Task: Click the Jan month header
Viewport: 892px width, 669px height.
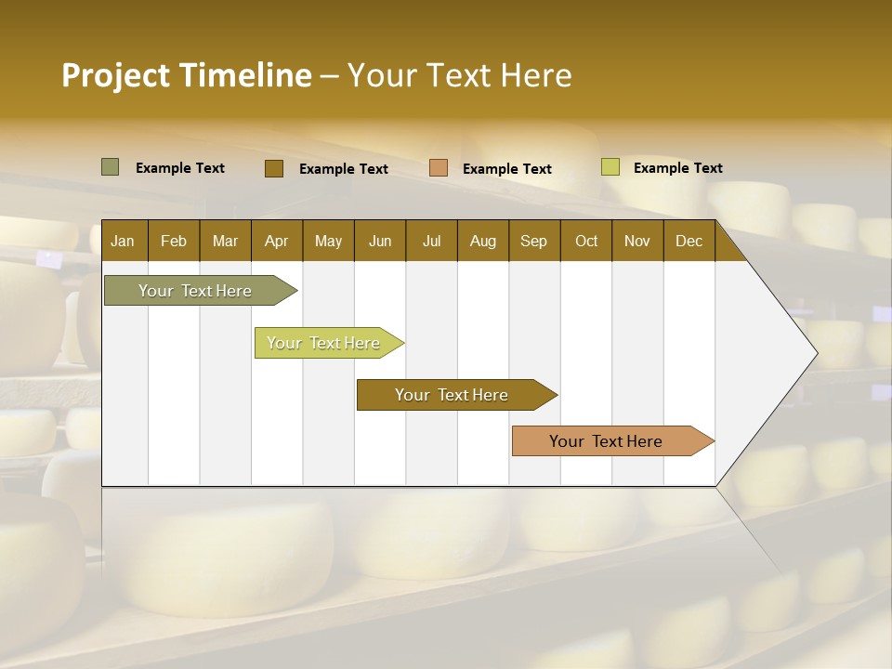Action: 123,241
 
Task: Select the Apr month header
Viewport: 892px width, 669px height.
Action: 276,241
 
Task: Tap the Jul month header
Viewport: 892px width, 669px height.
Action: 431,241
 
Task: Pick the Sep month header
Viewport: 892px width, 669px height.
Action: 533,241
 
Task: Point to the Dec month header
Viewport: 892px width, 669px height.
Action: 689,241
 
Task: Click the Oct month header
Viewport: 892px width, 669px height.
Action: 585,241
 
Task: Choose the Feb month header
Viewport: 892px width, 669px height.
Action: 174,241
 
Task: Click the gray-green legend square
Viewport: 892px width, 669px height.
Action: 111,167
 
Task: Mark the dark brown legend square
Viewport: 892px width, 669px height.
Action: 274,168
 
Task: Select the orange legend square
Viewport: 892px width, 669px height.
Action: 439,168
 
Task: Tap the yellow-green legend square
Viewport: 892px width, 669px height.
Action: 610,167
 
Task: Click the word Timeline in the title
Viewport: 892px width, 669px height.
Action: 244,74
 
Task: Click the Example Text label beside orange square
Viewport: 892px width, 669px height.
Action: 506,169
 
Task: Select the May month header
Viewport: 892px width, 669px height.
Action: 328,241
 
